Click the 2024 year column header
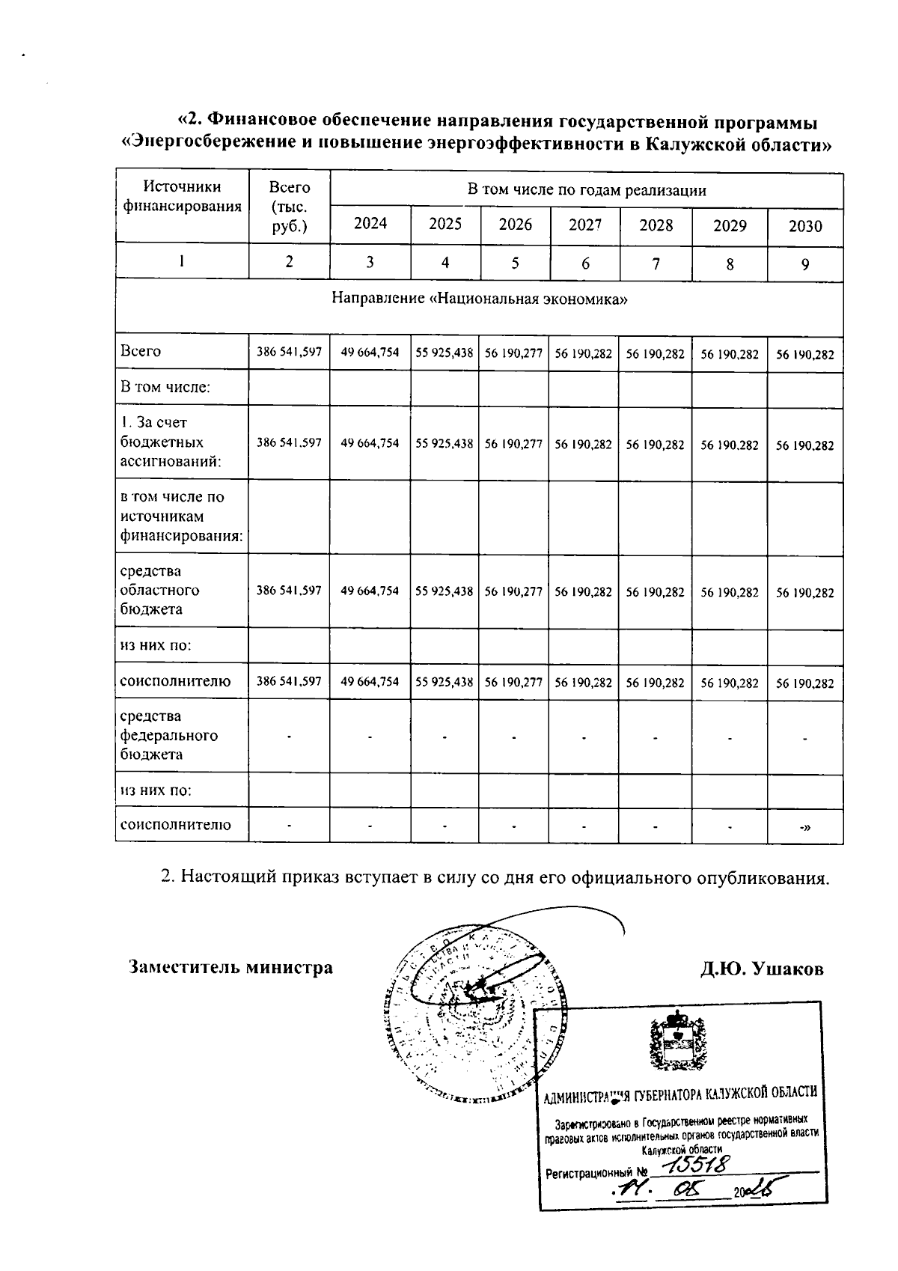click(x=370, y=224)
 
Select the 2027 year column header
click(x=584, y=224)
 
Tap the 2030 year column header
click(x=805, y=226)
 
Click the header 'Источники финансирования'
click(x=182, y=197)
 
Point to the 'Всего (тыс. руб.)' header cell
click(x=289, y=207)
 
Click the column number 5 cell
click(x=514, y=263)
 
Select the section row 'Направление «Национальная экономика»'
click(x=479, y=299)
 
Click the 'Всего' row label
click(x=141, y=351)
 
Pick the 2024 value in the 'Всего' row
click(x=370, y=353)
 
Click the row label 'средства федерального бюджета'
click(x=169, y=735)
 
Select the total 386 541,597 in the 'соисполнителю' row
click(x=289, y=682)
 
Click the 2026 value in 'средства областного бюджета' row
click(x=513, y=591)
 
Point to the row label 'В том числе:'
click(x=165, y=387)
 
